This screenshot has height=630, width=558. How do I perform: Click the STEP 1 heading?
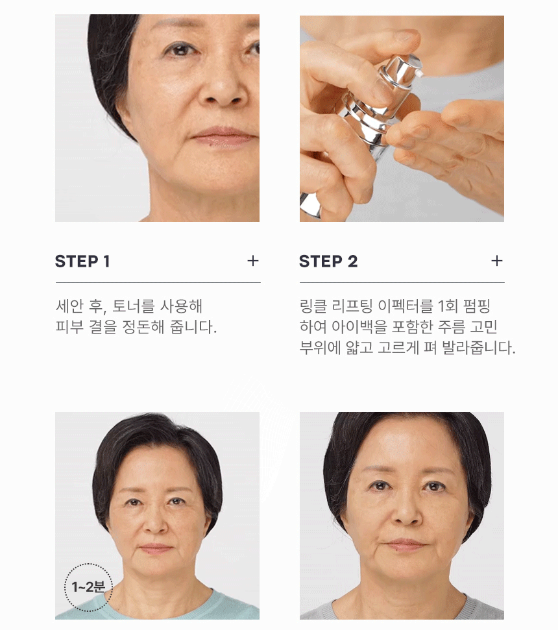pos(82,261)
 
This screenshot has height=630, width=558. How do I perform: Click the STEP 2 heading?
pos(328,261)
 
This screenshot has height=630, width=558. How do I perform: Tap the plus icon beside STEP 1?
pos(253,261)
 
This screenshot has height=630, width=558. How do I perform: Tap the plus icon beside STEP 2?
pos(497,261)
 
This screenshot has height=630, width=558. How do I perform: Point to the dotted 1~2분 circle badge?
pos(89,587)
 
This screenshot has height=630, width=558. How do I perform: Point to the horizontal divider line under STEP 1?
pos(158,283)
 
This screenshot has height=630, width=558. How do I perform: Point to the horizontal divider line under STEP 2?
pos(402,283)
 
